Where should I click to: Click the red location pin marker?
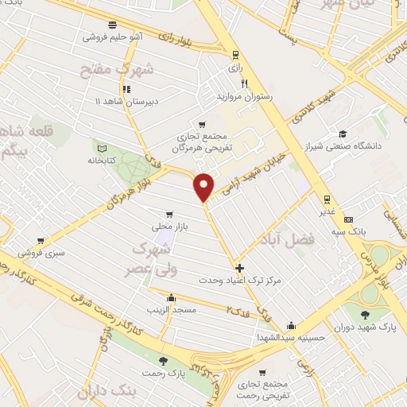click(x=204, y=186)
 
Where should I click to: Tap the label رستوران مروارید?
click(x=245, y=95)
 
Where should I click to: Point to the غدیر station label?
click(x=326, y=211)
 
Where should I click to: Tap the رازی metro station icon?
click(x=235, y=55)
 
